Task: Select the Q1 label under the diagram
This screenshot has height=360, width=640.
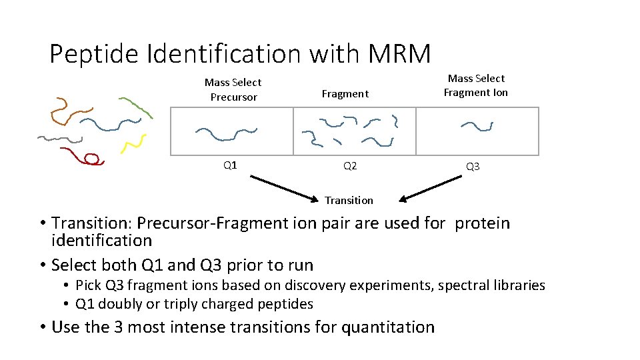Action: (x=230, y=165)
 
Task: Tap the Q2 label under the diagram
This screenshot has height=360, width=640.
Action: (x=350, y=165)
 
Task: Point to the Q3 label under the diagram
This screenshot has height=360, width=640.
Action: (x=473, y=166)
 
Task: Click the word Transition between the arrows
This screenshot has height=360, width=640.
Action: (x=349, y=200)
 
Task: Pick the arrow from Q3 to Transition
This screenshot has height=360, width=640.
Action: (x=433, y=187)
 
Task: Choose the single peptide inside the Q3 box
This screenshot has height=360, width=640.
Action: (x=477, y=126)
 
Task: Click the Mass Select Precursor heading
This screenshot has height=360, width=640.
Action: (x=233, y=89)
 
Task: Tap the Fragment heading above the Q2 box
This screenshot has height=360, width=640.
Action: (x=345, y=94)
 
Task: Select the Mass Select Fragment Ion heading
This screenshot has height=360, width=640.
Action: (x=476, y=85)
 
